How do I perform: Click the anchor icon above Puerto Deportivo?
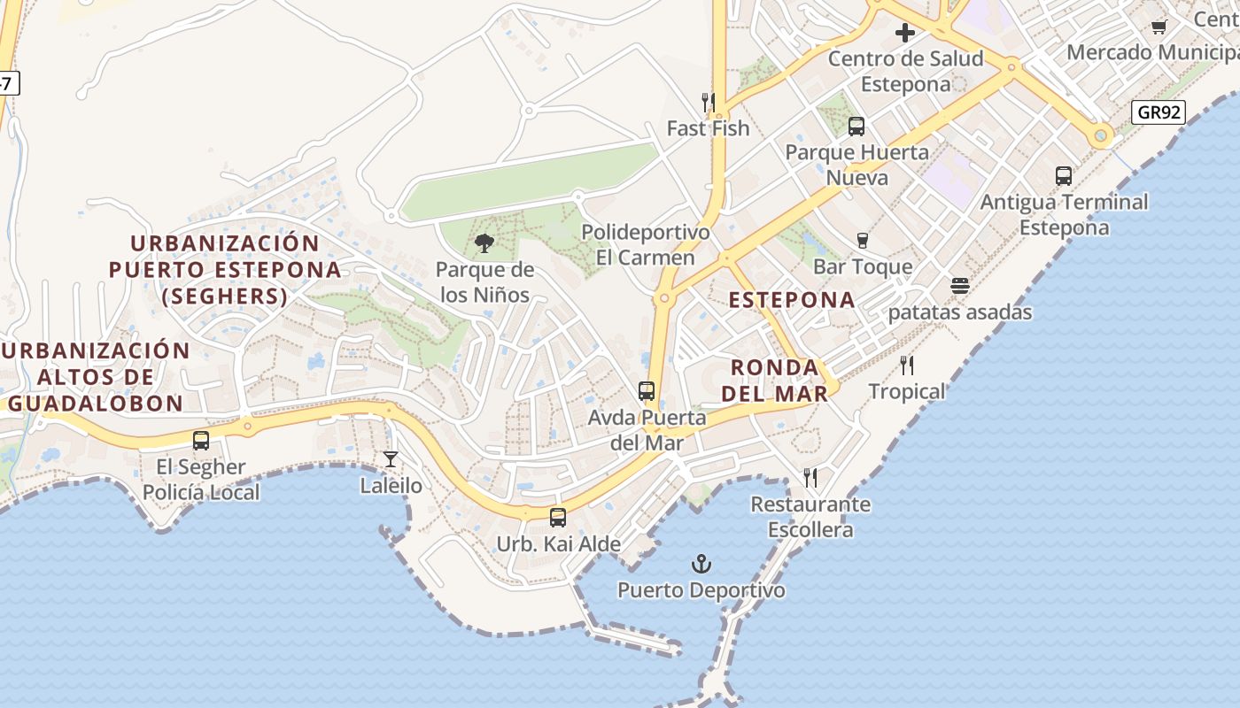tap(701, 564)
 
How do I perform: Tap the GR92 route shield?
tap(1157, 112)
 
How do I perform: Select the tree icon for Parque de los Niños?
tap(484, 243)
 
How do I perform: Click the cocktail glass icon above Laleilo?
tap(390, 459)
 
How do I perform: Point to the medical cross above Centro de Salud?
tap(905, 34)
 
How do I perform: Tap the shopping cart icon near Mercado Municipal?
tap(1159, 27)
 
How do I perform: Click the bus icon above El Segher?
tap(201, 440)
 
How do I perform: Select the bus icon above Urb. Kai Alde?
tap(558, 518)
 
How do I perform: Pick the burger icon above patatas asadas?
tap(959, 286)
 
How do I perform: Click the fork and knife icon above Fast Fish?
tap(708, 103)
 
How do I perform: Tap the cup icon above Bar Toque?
tap(862, 240)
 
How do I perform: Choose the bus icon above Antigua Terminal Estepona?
tap(1064, 176)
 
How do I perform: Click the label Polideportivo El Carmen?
tap(646, 245)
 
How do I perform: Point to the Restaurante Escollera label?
tap(810, 517)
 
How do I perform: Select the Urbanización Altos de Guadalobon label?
tap(96, 376)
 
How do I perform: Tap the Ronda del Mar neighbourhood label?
tap(775, 380)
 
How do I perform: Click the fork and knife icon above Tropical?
tap(906, 365)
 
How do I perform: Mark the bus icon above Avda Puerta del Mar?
tap(647, 390)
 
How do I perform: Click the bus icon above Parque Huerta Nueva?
tap(856, 126)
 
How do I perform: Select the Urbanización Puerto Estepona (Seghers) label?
tap(225, 269)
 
